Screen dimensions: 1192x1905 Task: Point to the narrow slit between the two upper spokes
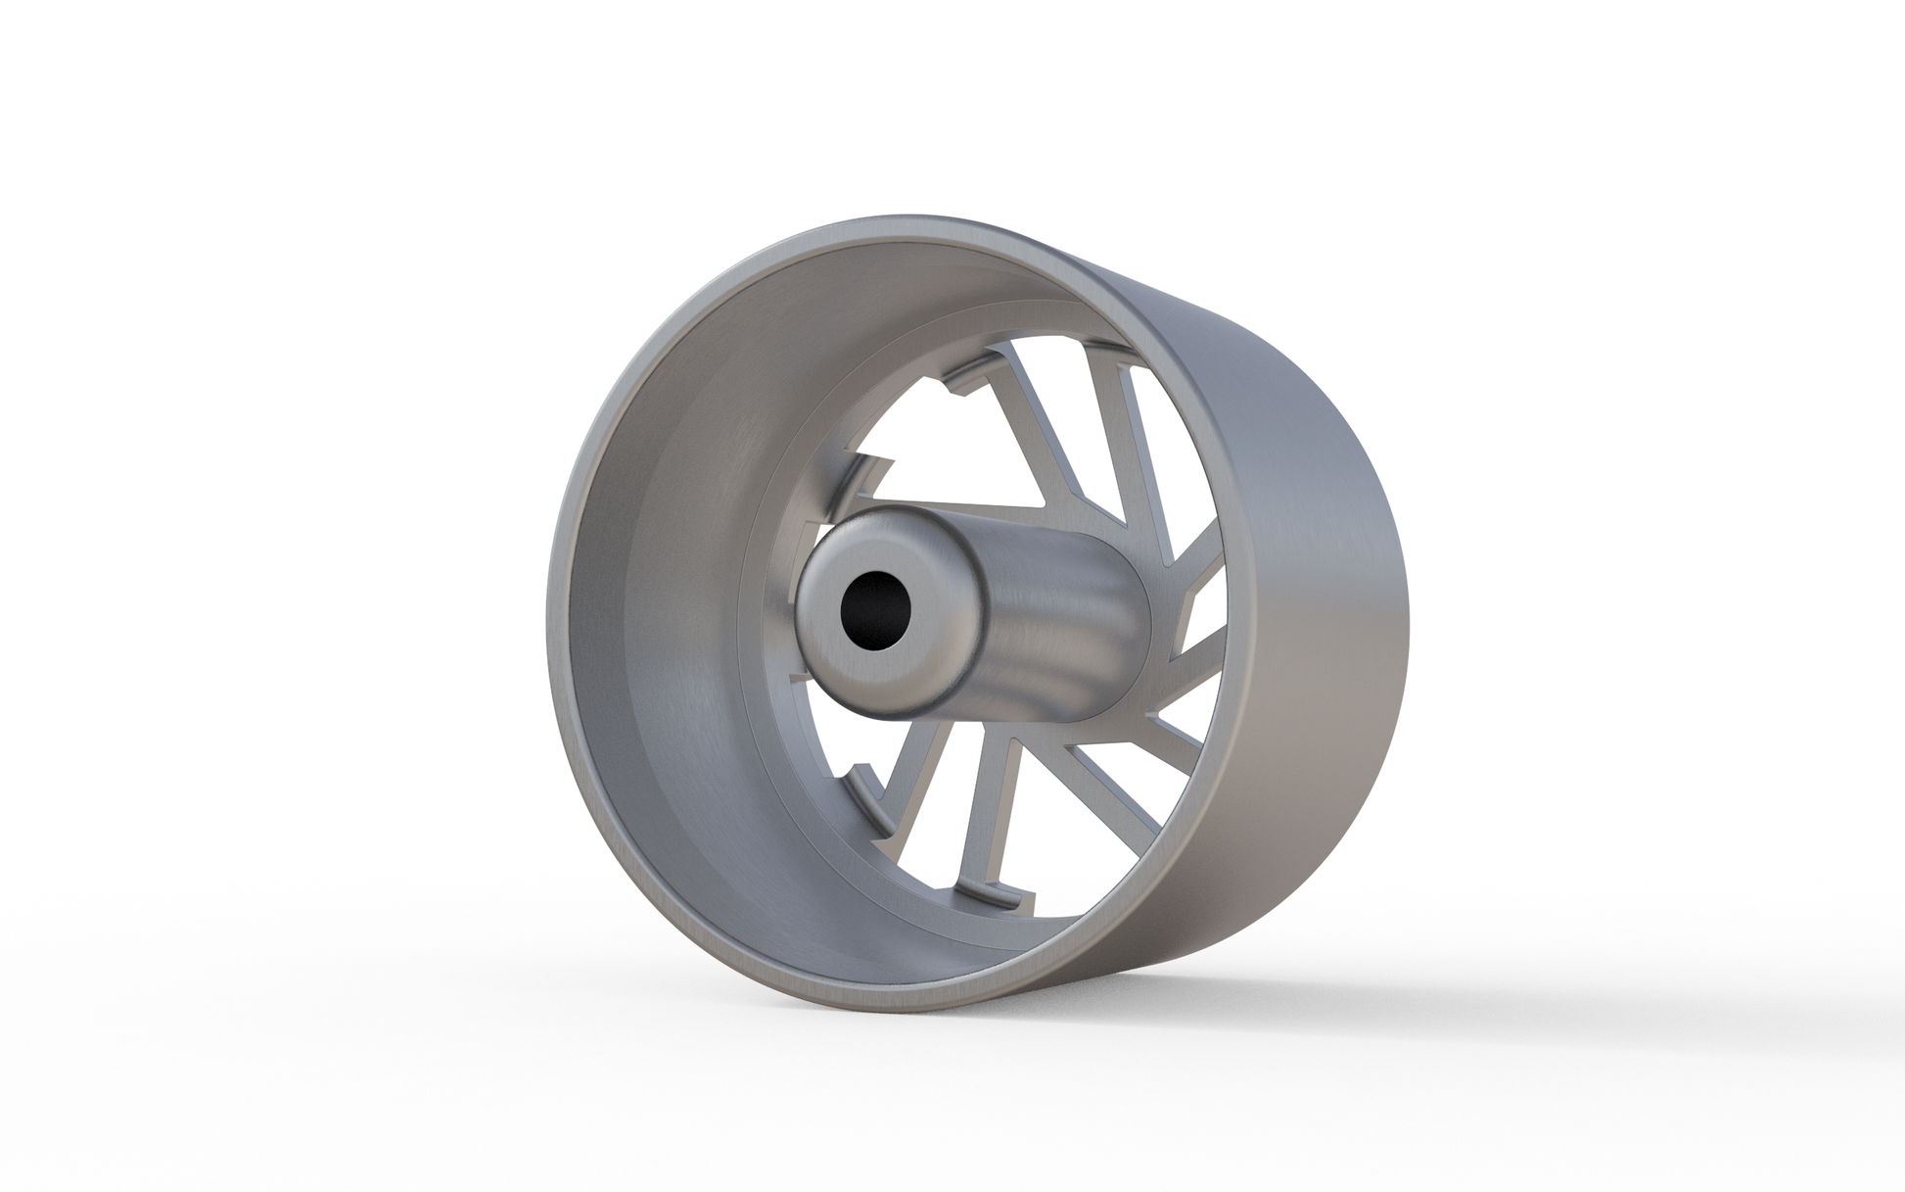(x=1087, y=411)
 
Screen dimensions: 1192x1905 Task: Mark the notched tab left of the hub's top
(x=871, y=470)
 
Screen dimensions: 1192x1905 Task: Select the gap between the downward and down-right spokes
(x=1057, y=833)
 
